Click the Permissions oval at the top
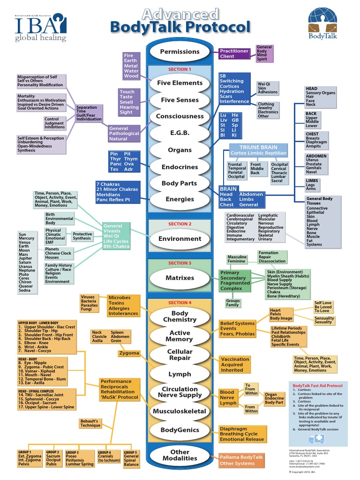(x=180, y=52)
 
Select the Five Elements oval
(x=180, y=83)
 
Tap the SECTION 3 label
(x=180, y=263)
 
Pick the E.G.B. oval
(x=180, y=133)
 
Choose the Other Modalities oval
(x=180, y=455)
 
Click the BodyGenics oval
(x=180, y=430)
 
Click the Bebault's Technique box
(x=90, y=423)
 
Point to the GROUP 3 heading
(x=72, y=452)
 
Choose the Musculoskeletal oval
(x=180, y=412)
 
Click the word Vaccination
(x=235, y=360)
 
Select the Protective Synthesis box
(x=82, y=236)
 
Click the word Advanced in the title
(x=180, y=14)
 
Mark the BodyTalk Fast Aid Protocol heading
(x=317, y=386)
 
